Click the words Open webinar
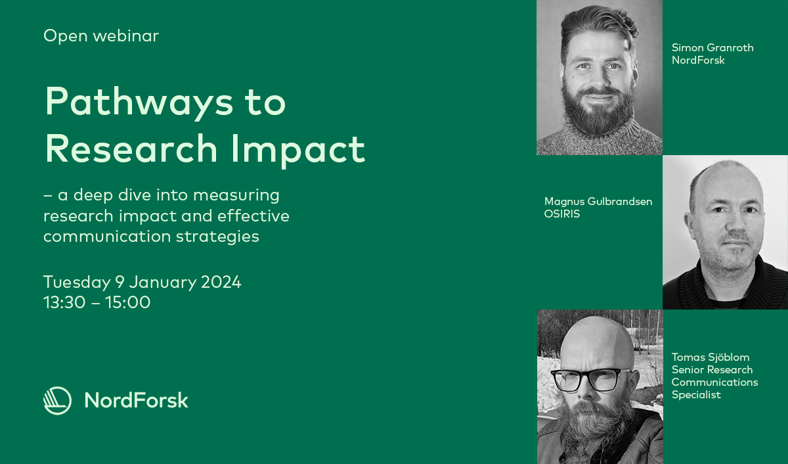[x=101, y=36]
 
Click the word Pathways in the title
[x=139, y=102]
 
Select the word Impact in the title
[x=298, y=149]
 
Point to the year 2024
[x=221, y=282]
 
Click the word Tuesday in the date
[x=77, y=283]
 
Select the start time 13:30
[x=64, y=302]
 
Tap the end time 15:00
[x=127, y=302]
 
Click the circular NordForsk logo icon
[x=57, y=401]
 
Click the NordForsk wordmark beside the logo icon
[x=136, y=400]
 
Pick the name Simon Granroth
[x=712, y=47]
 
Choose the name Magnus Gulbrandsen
[x=598, y=201]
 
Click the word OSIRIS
[x=562, y=214]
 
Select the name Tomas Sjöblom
[x=711, y=358]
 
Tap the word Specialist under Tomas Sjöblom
[x=696, y=395]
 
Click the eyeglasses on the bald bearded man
[x=591, y=379]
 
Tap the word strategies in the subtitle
[x=217, y=237]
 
